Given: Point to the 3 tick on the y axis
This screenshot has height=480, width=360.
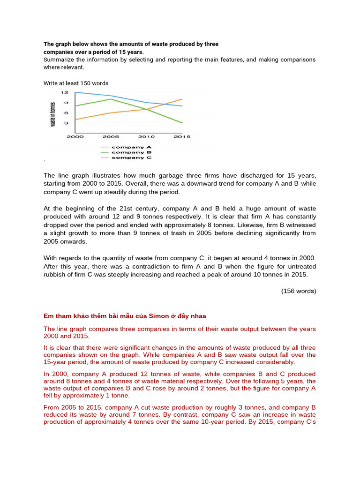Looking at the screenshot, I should (67, 123).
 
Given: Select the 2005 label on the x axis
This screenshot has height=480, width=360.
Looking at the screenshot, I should (111, 136).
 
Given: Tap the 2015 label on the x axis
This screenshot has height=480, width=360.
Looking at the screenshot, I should (182, 136).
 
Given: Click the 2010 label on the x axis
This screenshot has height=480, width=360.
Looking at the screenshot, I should (146, 136).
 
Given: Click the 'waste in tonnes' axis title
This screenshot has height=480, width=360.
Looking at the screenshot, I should (52, 114).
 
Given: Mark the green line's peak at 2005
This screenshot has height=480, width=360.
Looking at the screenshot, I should (111, 99).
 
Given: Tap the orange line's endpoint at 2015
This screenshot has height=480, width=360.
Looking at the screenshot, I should (182, 99).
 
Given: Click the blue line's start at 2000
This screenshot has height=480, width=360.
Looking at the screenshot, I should (75, 92).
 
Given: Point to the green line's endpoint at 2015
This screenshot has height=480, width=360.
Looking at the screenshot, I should (182, 123).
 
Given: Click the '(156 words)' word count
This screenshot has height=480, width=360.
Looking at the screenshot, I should (299, 291).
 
